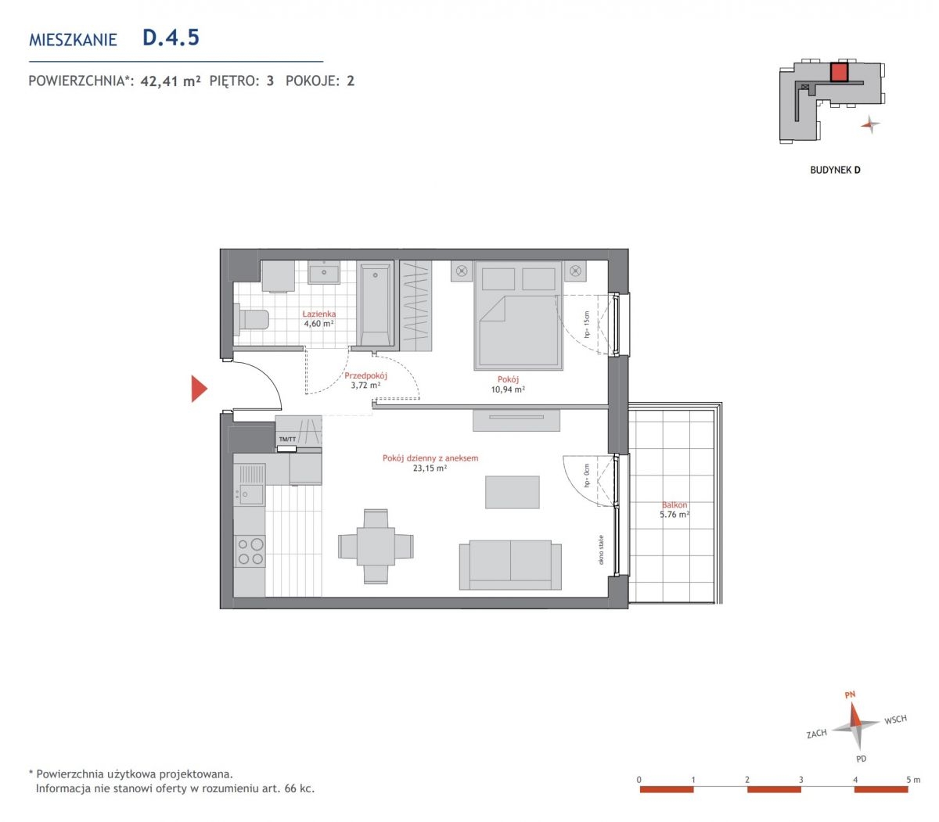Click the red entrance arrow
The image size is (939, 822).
click(x=199, y=389)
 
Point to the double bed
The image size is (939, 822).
click(x=519, y=315)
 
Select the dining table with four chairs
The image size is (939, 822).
click(x=376, y=546)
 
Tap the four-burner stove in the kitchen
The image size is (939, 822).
click(x=250, y=551)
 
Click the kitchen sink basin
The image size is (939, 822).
click(x=251, y=494)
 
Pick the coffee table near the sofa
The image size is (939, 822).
click(x=513, y=492)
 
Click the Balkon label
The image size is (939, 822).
click(x=675, y=504)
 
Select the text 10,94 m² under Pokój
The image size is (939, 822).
click(x=508, y=389)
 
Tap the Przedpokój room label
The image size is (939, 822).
click(x=365, y=375)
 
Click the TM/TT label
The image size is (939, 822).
click(x=288, y=439)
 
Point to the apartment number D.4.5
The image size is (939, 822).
click(x=171, y=38)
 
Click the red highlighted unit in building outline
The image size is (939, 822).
click(x=839, y=73)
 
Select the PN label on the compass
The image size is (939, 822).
click(x=850, y=695)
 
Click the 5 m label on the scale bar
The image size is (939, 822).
click(x=913, y=779)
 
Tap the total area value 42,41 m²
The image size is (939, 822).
click(x=171, y=81)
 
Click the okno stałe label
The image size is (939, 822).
click(x=601, y=549)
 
